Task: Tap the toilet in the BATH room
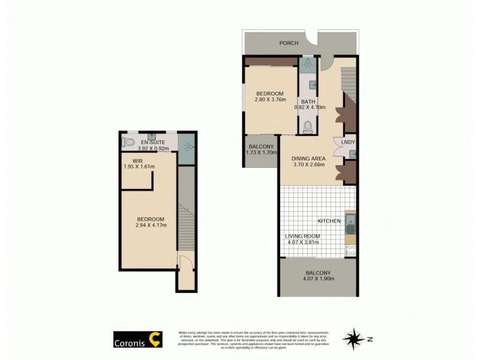coord(308,127)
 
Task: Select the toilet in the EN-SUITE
coord(127,143)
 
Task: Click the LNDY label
coord(348,142)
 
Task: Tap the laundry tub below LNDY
coord(352,154)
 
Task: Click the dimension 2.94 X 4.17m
coord(151,226)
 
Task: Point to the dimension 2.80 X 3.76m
coord(270,100)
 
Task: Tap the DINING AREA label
coord(309,158)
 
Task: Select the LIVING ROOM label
coord(303,236)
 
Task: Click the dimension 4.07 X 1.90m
coord(317,279)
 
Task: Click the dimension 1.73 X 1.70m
coord(261,153)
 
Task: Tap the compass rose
coord(353,339)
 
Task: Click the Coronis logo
coord(137,340)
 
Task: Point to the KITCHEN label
coord(329,221)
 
